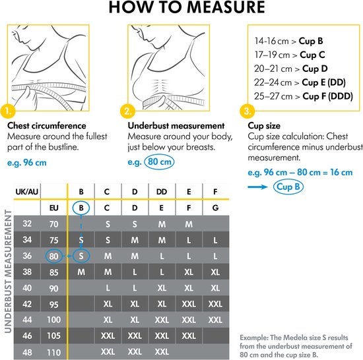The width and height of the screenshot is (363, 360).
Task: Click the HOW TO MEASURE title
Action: coord(181,9)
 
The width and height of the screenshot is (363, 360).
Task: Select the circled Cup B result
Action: coord(289,187)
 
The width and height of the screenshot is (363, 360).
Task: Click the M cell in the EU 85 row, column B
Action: coord(81,271)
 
